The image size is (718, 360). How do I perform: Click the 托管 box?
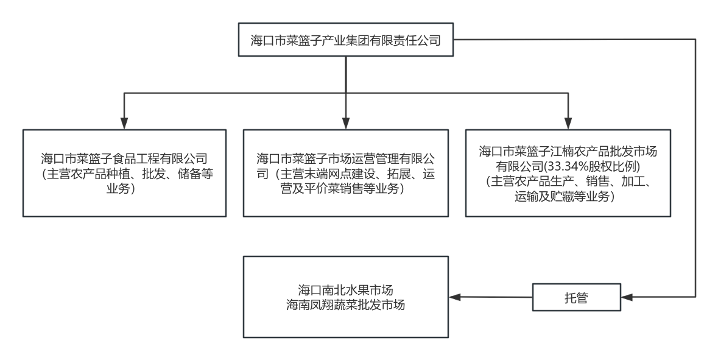pos(576,298)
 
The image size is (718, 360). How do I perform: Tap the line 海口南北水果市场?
pos(345,289)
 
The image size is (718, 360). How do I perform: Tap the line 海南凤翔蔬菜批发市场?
pos(345,304)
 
